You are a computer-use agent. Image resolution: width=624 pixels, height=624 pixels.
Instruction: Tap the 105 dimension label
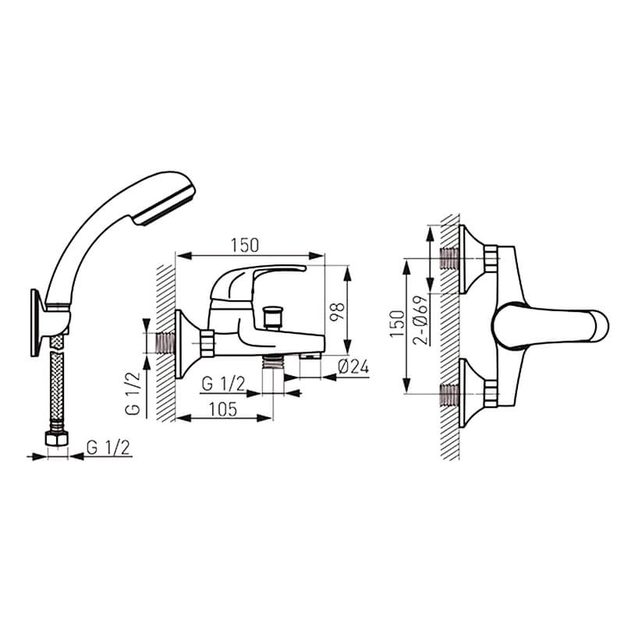tap(223, 409)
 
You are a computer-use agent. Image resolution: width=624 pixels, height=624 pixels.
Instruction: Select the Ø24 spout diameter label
tap(353, 367)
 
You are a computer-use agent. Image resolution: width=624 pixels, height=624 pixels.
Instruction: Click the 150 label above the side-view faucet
tap(244, 245)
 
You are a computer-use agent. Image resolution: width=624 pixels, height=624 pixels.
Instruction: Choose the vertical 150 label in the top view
tap(397, 324)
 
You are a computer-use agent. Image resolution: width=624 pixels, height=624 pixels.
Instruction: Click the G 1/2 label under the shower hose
tap(108, 448)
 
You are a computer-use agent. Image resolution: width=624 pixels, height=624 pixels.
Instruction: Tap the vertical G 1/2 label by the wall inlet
tap(133, 393)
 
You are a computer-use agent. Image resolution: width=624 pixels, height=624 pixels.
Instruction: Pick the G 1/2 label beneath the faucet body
tap(223, 384)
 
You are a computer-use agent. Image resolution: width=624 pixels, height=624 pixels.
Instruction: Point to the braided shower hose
tap(57, 383)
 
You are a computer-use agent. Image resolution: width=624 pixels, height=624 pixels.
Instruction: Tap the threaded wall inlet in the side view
tap(165, 343)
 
